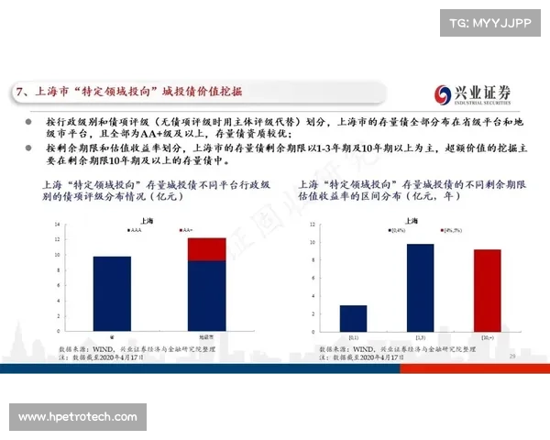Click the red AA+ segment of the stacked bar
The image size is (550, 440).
pyautogui.click(x=206, y=249)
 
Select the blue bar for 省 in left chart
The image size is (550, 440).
pyautogui.click(x=111, y=293)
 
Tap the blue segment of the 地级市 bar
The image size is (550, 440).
pyautogui.click(x=206, y=295)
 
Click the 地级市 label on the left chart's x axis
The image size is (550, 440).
pyautogui.click(x=206, y=336)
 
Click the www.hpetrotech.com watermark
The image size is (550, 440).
pyautogui.click(x=77, y=418)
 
